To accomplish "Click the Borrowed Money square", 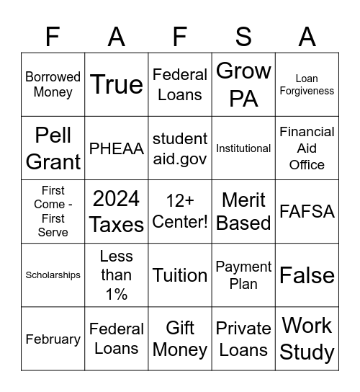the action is click(x=53, y=84).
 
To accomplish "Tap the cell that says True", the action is click(x=117, y=84).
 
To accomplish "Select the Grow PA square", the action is click(x=243, y=84).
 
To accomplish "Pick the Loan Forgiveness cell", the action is click(x=307, y=84).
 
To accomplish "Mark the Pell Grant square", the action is click(x=53, y=148).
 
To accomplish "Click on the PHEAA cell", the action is click(x=117, y=148).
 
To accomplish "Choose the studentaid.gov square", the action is click(x=180, y=148).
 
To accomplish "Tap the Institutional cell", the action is click(x=243, y=148).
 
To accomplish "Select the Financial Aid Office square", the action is click(x=307, y=148).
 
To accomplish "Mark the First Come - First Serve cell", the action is click(x=53, y=212).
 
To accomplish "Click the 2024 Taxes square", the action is click(x=117, y=212).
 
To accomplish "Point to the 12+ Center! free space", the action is click(x=180, y=212).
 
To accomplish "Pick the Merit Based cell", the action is click(x=243, y=212).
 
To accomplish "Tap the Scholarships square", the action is click(x=53, y=275).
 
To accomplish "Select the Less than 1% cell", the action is click(x=117, y=275).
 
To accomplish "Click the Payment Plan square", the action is click(x=243, y=275).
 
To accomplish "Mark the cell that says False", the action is click(x=307, y=275).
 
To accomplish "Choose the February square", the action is click(x=53, y=339).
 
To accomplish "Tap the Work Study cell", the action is click(x=307, y=339).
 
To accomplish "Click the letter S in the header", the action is click(x=243, y=37).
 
